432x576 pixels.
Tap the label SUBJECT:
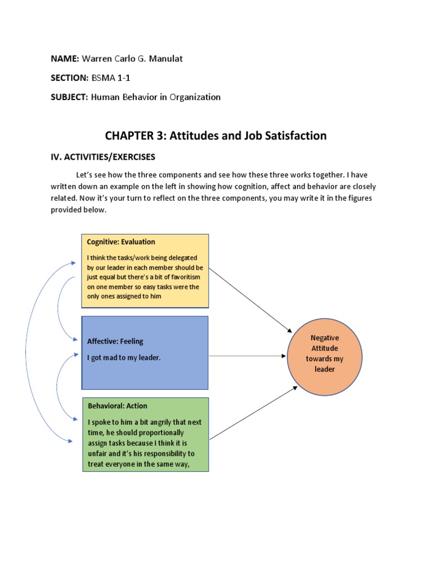[69, 97]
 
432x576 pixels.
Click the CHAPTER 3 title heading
[216, 136]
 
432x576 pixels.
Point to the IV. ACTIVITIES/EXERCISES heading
[103, 156]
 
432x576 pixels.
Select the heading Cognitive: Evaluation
[121, 242]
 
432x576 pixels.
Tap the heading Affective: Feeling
[115, 341]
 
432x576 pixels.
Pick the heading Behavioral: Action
[118, 406]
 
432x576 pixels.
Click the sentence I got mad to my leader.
[124, 358]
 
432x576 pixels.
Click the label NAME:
[65, 58]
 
